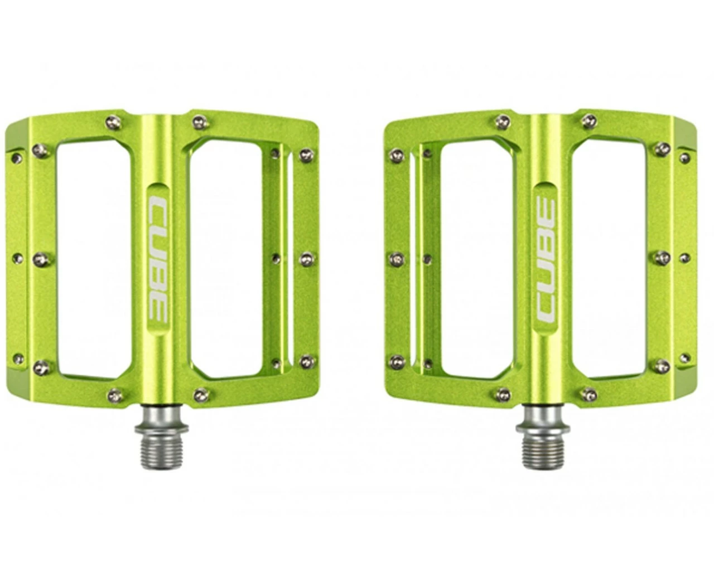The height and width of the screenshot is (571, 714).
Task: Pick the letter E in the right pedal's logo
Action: point(546,209)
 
